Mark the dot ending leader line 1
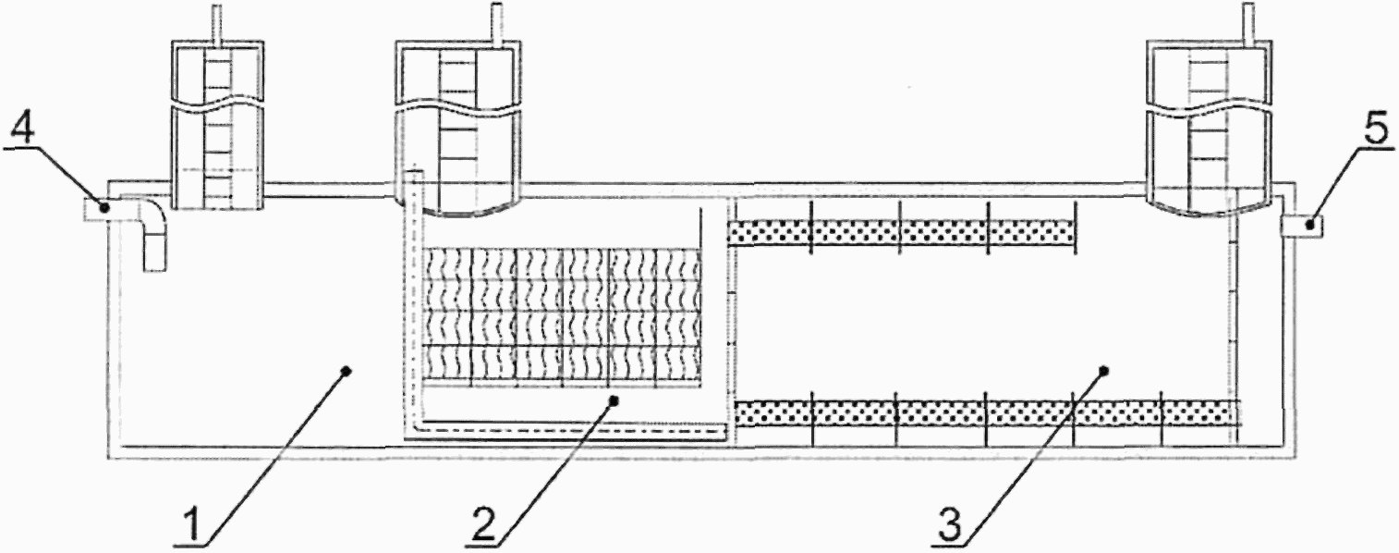coord(347,372)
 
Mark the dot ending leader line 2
coord(613,399)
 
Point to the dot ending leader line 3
coord(1103,372)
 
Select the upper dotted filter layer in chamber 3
coord(902,232)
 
